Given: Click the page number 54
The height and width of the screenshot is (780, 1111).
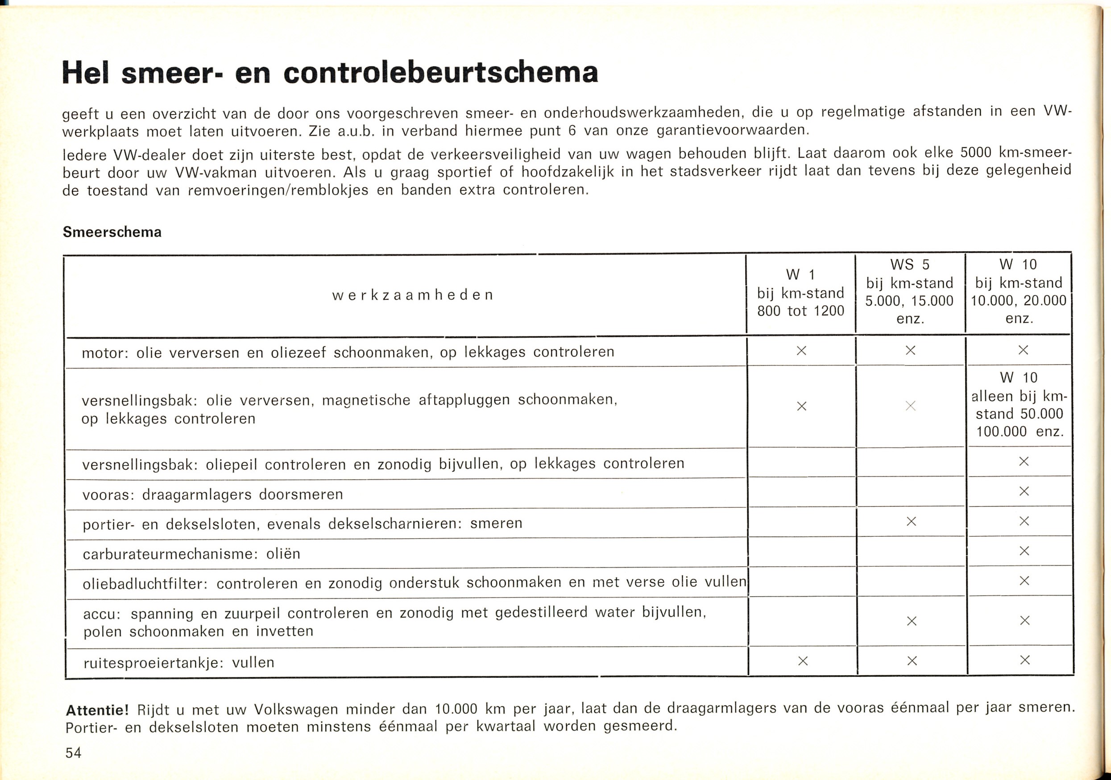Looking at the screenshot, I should click(x=74, y=753).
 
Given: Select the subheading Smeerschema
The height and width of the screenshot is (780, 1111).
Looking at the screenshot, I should click(x=112, y=232).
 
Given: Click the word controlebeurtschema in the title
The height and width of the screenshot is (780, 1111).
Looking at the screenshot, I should click(x=441, y=73).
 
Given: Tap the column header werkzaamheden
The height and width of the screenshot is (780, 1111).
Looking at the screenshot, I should click(x=413, y=295).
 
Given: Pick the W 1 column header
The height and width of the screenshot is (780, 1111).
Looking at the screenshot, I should click(x=800, y=275).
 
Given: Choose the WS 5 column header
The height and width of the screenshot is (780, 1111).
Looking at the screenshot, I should click(x=910, y=265).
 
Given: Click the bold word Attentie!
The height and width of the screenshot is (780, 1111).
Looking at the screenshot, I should click(x=97, y=710).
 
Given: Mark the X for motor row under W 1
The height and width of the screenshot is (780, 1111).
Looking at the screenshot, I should click(x=801, y=350).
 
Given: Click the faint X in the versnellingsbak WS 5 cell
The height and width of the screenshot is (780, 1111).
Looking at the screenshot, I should click(x=910, y=406).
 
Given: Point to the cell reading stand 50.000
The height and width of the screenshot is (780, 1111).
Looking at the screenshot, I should click(x=1020, y=414).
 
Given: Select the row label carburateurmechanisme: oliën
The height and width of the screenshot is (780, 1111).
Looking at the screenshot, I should click(x=191, y=554).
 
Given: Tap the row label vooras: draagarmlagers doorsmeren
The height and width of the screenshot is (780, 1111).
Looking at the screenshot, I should click(x=212, y=494).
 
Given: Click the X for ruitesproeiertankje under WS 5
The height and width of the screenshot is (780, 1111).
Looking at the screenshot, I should click(x=912, y=660).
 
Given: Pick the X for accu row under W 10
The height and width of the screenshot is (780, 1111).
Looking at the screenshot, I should click(x=1024, y=620).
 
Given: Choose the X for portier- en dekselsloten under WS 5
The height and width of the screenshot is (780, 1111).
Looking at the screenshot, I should click(x=911, y=522).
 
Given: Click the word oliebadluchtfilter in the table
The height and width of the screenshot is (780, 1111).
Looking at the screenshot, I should click(x=145, y=584).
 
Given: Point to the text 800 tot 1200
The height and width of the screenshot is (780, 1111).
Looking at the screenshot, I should click(x=800, y=311).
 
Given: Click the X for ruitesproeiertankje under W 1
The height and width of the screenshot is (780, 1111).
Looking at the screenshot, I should click(x=802, y=660).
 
